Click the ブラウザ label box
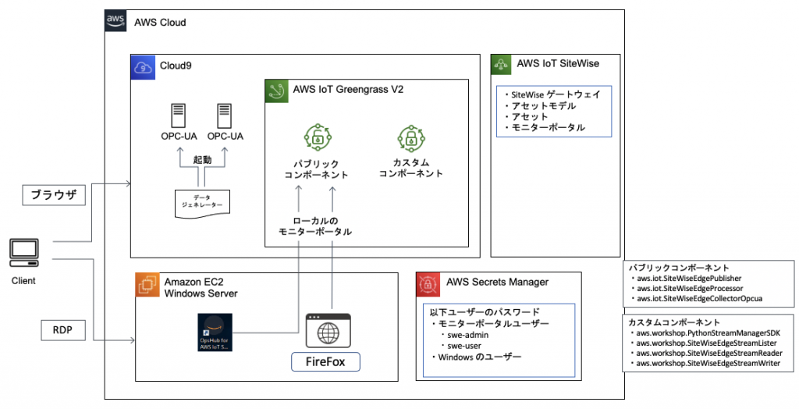click(x=53, y=195)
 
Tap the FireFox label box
click(x=326, y=362)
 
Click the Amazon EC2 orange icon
click(x=147, y=284)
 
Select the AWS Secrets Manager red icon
click(x=428, y=284)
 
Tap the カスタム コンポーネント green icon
click(x=410, y=140)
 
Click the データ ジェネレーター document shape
click(x=201, y=203)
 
